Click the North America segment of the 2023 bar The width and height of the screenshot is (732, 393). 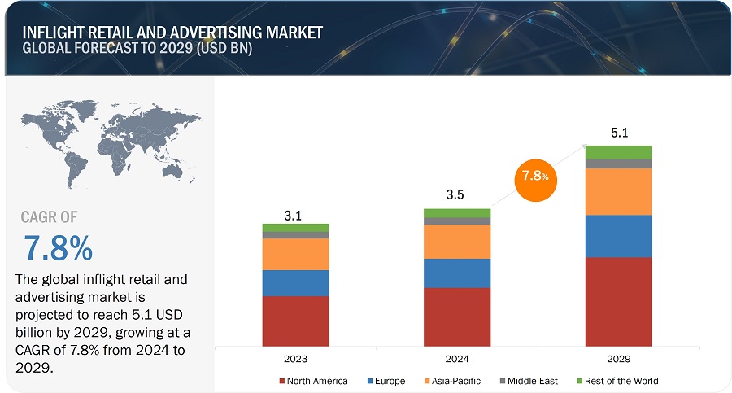(x=295, y=321)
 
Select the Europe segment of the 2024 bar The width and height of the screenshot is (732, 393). (x=457, y=273)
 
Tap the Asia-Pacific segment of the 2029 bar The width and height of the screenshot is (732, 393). (x=619, y=191)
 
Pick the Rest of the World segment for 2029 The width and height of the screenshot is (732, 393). (x=619, y=152)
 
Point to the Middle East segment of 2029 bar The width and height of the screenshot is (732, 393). (x=619, y=164)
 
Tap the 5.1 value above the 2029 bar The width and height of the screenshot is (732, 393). (x=619, y=133)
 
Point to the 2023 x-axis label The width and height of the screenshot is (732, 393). (x=295, y=359)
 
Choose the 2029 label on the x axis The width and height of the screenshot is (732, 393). (x=619, y=359)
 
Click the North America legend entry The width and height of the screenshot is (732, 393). (x=314, y=381)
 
